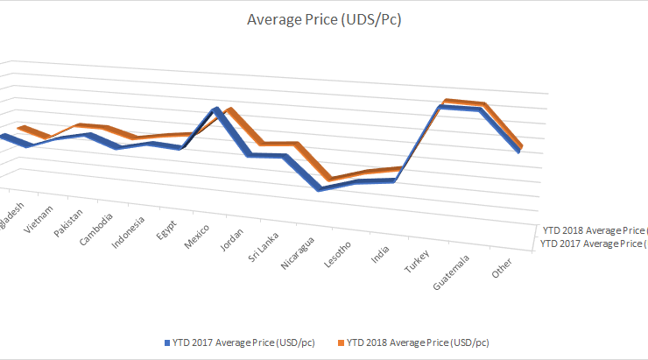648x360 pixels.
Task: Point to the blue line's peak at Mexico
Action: tap(216, 109)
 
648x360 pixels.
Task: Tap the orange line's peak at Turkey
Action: tap(447, 102)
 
